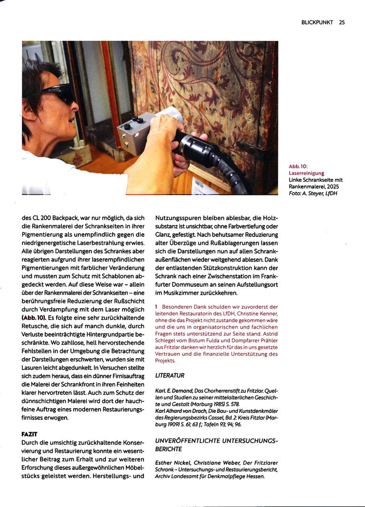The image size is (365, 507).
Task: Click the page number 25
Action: (342, 22)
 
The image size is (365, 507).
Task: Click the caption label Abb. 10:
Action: (298, 166)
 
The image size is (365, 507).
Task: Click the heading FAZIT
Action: (29, 434)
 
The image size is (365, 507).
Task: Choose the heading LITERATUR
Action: (170, 375)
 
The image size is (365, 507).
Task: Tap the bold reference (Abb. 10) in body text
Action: (34, 317)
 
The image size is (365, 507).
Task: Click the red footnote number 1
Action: (156, 307)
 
